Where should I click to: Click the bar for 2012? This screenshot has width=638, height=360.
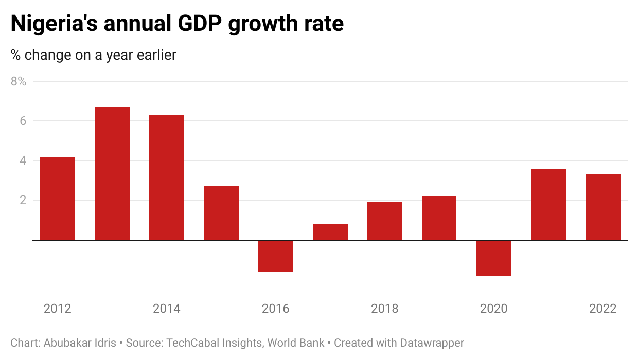pyautogui.click(x=57, y=198)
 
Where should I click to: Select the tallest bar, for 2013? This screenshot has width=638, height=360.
pyautogui.click(x=112, y=173)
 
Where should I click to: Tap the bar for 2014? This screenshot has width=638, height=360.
pyautogui.click(x=166, y=177)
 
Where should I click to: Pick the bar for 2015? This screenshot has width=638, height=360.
pyautogui.click(x=221, y=213)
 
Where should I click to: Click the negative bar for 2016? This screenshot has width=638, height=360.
pyautogui.click(x=275, y=256)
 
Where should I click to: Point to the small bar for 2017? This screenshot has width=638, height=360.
pyautogui.click(x=330, y=232)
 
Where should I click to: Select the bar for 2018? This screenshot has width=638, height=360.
pyautogui.click(x=384, y=221)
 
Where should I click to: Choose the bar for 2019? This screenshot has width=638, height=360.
pyautogui.click(x=439, y=218)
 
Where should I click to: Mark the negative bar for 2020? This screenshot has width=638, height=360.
pyautogui.click(x=493, y=258)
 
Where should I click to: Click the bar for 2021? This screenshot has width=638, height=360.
pyautogui.click(x=548, y=204)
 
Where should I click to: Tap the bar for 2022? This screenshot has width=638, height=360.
pyautogui.click(x=602, y=207)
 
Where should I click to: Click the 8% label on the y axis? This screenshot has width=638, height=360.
pyautogui.click(x=18, y=81)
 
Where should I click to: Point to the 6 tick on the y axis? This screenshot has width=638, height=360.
pyautogui.click(x=23, y=121)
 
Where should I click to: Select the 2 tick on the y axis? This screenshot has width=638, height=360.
pyautogui.click(x=23, y=200)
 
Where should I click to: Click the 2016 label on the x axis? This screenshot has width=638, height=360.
pyautogui.click(x=275, y=309)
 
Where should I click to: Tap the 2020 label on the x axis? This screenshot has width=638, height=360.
pyautogui.click(x=493, y=309)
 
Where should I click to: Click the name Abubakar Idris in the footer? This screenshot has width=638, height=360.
pyautogui.click(x=76, y=343)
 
